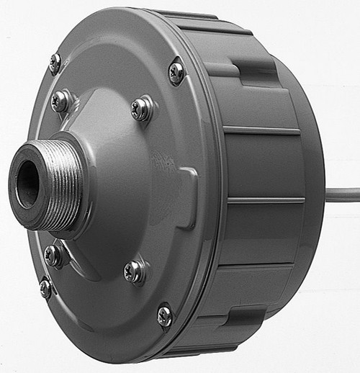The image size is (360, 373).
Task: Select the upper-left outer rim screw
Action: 55,63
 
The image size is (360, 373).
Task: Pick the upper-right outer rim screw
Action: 176,72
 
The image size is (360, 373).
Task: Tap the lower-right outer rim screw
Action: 165,315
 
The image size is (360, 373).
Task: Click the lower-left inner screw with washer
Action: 53,255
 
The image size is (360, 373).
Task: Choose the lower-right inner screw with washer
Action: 133,271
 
